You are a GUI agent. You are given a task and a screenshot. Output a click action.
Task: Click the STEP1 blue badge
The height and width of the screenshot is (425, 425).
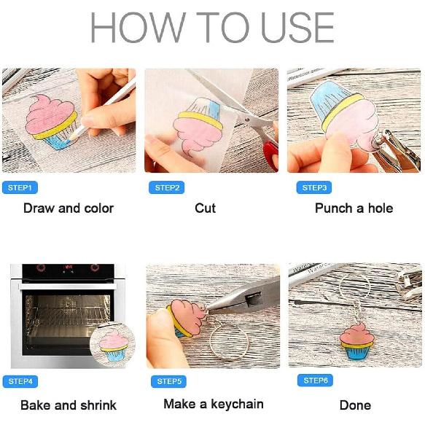[20, 187]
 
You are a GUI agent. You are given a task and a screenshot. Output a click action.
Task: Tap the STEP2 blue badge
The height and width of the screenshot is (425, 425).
[167, 187]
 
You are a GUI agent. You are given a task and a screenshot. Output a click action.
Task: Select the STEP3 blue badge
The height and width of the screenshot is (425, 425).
[314, 187]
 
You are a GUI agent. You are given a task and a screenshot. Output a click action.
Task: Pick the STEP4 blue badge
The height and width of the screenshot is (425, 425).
[20, 381]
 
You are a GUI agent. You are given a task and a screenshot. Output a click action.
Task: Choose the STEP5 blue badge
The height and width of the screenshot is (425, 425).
[169, 381]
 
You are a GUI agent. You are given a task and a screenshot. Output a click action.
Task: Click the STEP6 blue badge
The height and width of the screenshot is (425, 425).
[315, 381]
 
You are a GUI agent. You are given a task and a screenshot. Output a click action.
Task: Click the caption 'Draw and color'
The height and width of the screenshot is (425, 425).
[69, 208]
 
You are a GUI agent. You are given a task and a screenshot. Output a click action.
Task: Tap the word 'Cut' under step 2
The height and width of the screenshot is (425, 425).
[205, 208]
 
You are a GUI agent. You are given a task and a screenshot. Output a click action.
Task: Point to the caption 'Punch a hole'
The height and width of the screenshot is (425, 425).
[354, 208]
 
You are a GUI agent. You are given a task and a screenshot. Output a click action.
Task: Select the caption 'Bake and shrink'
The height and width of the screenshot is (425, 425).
[69, 405]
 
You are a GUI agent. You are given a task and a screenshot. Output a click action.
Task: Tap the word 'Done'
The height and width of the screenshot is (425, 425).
[355, 405]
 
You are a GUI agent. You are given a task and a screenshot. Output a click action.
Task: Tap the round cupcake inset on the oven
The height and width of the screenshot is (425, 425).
[112, 344]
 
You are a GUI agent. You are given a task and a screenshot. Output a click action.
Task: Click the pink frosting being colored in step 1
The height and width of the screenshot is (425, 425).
[50, 114]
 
